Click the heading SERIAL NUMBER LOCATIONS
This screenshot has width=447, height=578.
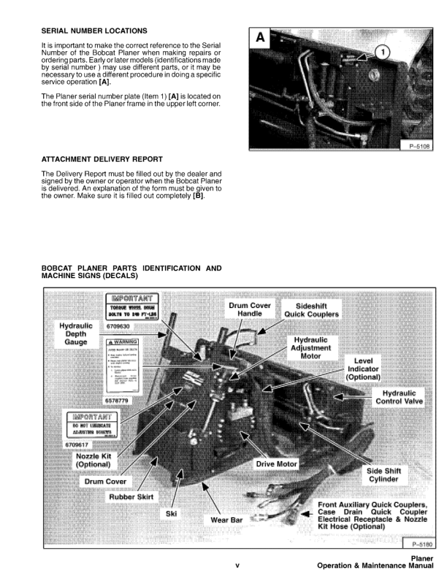click(x=94, y=31)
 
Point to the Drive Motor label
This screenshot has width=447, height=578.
click(x=278, y=463)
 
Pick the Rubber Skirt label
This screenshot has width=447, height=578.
click(x=134, y=496)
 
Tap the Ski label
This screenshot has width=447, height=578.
click(x=171, y=513)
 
